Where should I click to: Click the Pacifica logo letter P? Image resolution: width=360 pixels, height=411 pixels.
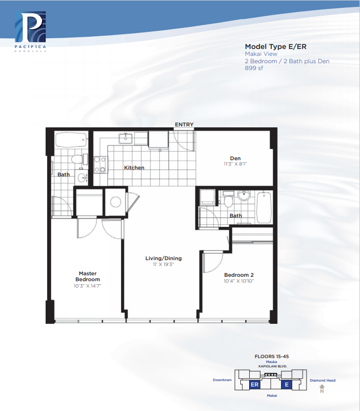30,27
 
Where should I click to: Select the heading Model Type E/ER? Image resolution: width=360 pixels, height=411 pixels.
276,47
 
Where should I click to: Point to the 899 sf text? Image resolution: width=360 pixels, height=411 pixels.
254,68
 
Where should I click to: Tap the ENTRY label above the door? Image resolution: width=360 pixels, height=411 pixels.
184,124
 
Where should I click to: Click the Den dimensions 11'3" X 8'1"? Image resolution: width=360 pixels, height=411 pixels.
235,164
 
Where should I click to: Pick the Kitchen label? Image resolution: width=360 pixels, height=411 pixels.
134,168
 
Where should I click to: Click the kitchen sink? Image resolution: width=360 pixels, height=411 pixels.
126,139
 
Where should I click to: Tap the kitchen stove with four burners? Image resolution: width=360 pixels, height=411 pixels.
101,165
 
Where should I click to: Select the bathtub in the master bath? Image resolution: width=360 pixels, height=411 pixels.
71,140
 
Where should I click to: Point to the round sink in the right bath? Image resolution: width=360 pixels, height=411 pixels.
244,195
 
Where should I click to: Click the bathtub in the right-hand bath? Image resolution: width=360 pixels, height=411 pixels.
264,208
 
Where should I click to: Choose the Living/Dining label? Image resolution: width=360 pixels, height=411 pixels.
163,258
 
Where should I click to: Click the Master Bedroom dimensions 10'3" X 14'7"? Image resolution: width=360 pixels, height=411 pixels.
87,286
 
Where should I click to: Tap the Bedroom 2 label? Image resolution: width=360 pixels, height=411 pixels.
239,275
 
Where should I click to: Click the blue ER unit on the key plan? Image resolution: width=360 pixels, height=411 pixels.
255,385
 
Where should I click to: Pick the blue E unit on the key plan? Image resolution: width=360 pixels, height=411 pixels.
287,385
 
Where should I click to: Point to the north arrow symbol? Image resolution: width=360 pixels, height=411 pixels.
322,387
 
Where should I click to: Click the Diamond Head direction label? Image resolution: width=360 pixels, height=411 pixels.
322,380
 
